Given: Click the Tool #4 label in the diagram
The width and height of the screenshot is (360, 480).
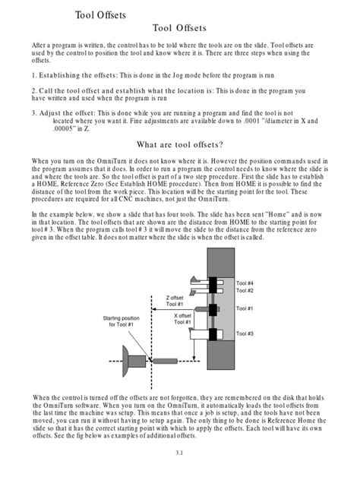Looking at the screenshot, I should [x=245, y=283].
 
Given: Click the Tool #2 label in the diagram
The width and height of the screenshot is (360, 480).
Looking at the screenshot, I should [x=245, y=291].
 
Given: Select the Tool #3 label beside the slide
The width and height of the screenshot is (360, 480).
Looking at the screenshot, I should [x=245, y=333].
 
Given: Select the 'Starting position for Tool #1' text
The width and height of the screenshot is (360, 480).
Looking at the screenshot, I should [x=123, y=321].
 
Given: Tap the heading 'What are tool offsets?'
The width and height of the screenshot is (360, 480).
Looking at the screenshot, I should [x=179, y=145].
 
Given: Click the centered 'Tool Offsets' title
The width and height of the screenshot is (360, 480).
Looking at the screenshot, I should [x=179, y=28].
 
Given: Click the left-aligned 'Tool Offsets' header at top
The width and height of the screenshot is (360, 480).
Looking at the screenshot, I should [x=101, y=14].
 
